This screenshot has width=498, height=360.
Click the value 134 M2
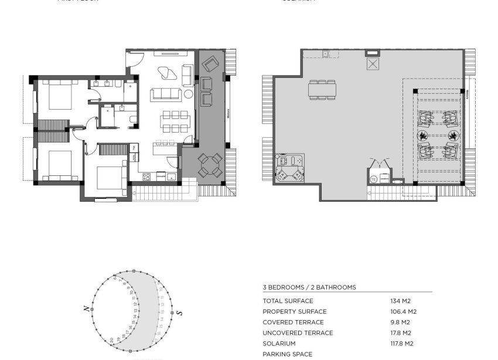tap(401, 301)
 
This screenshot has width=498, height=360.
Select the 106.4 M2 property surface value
tap(403, 311)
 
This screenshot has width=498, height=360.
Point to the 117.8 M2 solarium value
tap(401, 344)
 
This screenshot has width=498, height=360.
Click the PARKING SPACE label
tap(287, 354)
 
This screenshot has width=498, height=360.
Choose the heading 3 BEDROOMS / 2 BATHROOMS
tap(309, 287)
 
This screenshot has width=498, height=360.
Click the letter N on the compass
tap(86, 308)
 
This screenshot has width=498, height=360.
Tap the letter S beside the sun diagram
tap(180, 313)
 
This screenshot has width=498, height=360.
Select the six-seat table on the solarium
tap(322, 90)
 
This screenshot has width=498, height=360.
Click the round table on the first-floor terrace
tap(209, 165)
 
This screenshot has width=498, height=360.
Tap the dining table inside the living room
tap(173, 121)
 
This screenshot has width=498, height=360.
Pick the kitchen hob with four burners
tap(146, 175)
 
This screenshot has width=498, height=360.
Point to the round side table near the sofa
tap(188, 94)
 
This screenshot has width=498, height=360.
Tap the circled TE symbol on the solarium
tap(373, 179)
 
